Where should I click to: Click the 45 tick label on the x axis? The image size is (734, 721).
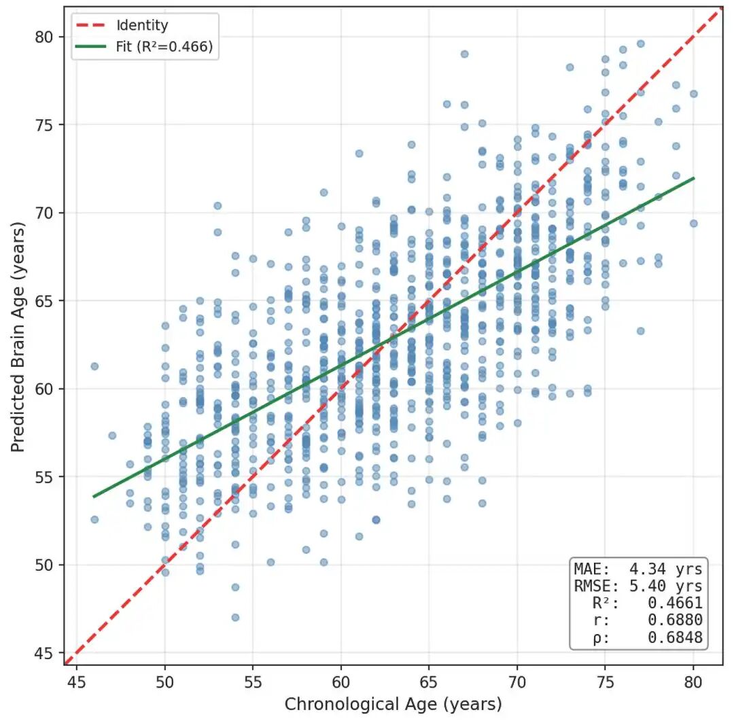[76, 682]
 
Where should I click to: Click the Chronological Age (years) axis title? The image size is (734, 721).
[394, 704]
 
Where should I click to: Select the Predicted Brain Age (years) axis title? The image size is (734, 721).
[18, 337]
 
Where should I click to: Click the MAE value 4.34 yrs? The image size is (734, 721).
[665, 569]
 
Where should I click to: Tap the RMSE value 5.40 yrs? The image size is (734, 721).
[665, 586]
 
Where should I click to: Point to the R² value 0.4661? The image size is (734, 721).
[675, 603]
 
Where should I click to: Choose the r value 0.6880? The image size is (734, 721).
[675, 620]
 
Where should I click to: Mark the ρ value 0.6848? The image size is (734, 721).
[675, 637]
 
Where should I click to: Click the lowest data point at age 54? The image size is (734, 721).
[235, 618]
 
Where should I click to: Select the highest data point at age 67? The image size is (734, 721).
[464, 54]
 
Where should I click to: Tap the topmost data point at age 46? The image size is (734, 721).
[94, 366]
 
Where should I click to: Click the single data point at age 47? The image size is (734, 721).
[112, 436]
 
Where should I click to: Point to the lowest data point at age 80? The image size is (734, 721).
[694, 224]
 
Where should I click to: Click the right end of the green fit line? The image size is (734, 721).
[694, 178]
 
